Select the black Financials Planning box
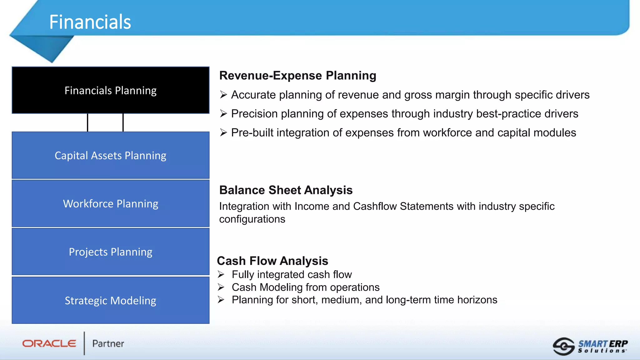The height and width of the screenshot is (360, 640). pyautogui.click(x=110, y=90)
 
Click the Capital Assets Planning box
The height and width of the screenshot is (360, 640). pyautogui.click(x=110, y=155)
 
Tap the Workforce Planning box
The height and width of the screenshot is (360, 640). pyautogui.click(x=110, y=203)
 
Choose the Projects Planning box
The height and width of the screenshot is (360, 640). pyautogui.click(x=110, y=252)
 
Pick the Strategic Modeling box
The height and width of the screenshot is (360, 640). pyautogui.click(x=110, y=300)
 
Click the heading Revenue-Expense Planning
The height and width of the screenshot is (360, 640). pyautogui.click(x=297, y=76)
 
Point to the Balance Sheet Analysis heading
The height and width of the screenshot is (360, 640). pyautogui.click(x=286, y=190)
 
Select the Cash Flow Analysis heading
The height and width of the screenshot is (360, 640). pyautogui.click(x=272, y=261)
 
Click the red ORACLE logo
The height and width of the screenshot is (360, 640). pyautogui.click(x=49, y=343)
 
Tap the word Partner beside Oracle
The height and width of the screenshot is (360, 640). pyautogui.click(x=108, y=344)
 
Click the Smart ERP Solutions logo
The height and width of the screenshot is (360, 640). pyautogui.click(x=590, y=346)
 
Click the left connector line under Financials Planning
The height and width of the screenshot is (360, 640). pyautogui.click(x=87, y=122)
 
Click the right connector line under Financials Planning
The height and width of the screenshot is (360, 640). pyautogui.click(x=123, y=122)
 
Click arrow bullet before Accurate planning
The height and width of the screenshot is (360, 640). pyautogui.click(x=223, y=95)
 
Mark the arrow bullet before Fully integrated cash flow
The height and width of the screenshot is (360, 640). pyautogui.click(x=221, y=274)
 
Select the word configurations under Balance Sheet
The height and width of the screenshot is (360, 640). pyautogui.click(x=252, y=219)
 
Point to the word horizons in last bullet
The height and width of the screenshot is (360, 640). pyautogui.click(x=477, y=300)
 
